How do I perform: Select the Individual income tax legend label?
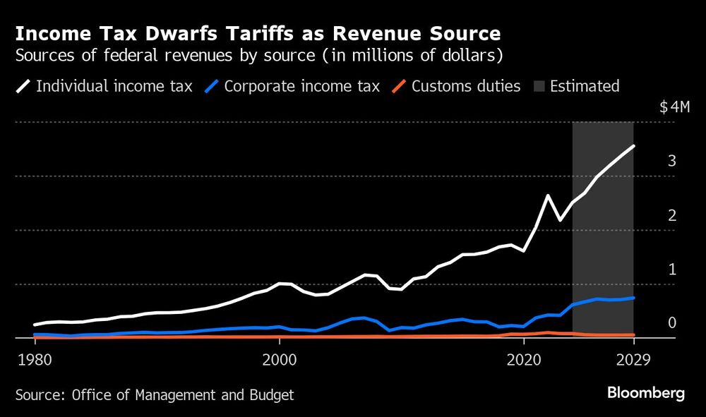[114, 87]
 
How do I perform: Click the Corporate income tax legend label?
[301, 87]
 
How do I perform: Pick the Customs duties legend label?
[466, 87]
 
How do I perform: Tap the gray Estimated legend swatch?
[538, 87]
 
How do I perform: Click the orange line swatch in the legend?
[400, 87]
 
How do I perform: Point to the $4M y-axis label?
[674, 107]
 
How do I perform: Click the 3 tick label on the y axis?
[672, 162]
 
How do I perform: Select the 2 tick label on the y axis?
[672, 215]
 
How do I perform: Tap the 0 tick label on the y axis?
[672, 323]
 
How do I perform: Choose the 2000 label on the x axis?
[279, 358]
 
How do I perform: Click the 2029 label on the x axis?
[633, 358]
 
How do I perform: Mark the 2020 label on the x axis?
[524, 358]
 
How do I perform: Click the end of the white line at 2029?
[633, 146]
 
